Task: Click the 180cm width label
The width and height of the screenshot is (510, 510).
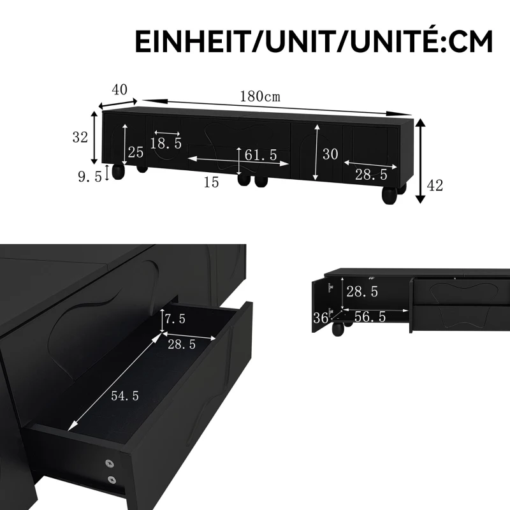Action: point(260,97)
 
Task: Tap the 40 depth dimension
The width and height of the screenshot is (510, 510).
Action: point(119,90)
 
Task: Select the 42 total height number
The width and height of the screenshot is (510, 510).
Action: point(435,186)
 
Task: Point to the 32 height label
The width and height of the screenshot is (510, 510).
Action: point(79,136)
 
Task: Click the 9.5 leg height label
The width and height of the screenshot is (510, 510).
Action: point(89,177)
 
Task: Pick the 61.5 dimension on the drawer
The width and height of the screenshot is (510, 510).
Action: point(260,154)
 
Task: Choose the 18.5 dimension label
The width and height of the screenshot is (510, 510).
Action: point(166,143)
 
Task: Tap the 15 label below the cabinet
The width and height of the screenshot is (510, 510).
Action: point(211,183)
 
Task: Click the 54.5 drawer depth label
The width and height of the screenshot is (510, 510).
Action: point(124,395)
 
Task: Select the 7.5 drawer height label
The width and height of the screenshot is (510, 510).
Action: point(175,319)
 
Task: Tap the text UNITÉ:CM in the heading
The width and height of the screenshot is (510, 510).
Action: point(425,42)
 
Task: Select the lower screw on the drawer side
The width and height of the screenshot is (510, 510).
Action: point(112,480)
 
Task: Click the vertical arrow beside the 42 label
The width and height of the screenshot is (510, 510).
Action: point(419,161)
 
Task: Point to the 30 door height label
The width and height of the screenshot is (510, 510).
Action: point(330,154)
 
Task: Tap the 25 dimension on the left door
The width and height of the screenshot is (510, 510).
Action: point(135,152)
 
